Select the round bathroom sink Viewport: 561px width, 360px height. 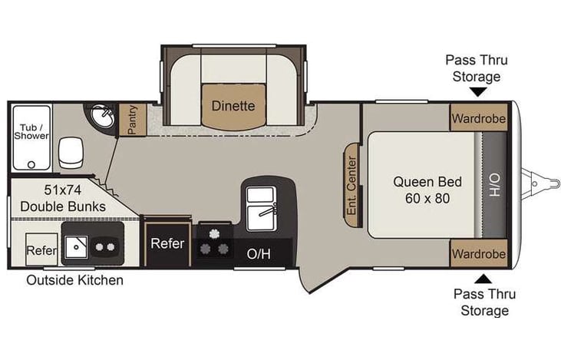click(x=102, y=117)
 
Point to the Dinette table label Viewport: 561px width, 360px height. click(x=233, y=106)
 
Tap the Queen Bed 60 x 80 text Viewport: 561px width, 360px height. click(x=427, y=190)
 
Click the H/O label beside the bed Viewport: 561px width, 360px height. click(x=493, y=184)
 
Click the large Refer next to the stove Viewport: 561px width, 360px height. click(x=167, y=243)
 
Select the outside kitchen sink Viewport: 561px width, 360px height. click(x=77, y=247)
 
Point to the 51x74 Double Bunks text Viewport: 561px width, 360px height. click(x=62, y=199)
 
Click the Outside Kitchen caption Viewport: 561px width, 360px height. click(x=74, y=280)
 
